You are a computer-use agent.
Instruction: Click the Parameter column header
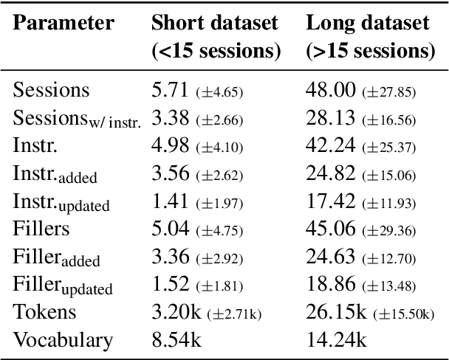(65, 23)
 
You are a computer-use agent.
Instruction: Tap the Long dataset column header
(367, 23)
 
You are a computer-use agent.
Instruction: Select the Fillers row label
(42, 229)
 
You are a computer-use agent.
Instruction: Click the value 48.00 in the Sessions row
(330, 91)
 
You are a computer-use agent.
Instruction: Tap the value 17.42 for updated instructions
(330, 201)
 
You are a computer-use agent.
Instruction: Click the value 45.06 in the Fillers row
(330, 229)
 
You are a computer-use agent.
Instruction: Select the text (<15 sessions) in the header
(215, 52)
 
